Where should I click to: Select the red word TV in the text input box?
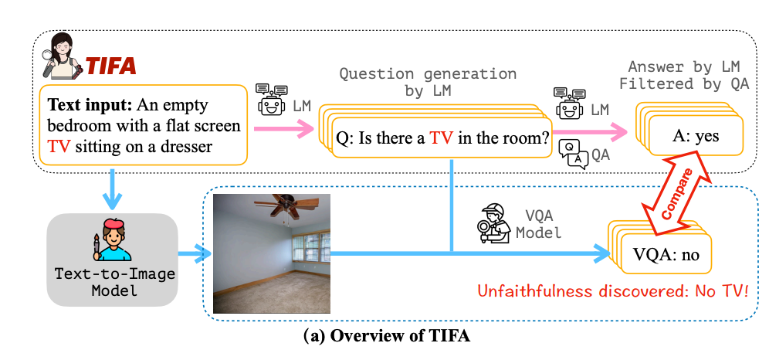coord(58,146)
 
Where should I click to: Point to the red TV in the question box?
coord(442,138)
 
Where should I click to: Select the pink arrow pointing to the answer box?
coord(591,131)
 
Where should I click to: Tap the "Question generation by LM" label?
coord(428,82)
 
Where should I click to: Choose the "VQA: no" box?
coord(666,254)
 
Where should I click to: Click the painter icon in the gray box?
coord(112,239)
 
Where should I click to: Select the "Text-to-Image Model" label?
coord(115,281)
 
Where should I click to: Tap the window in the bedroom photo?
coord(310,248)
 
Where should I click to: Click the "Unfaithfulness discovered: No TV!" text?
coord(613,291)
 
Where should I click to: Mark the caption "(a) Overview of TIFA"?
coord(387,337)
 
